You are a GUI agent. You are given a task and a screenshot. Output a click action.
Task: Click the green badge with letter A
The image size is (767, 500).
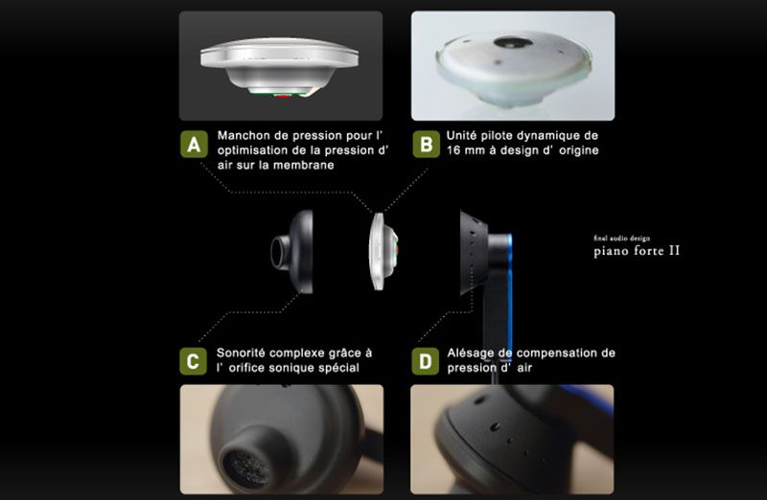195,145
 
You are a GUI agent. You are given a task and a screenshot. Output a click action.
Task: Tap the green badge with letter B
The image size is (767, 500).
426,145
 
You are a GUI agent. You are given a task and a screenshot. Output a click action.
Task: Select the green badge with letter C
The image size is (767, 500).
194,361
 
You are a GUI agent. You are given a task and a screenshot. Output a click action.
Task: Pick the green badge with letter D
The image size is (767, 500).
425,361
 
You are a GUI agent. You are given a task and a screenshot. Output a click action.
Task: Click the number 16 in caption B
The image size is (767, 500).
453,150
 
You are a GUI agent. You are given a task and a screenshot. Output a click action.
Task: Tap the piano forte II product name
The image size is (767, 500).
637,251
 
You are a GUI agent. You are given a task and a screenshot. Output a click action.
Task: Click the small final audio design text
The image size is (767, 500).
621,239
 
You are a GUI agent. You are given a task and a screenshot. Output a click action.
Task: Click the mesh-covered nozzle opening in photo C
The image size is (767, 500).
246,469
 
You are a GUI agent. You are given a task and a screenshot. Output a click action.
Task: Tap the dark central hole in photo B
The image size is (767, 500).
513,42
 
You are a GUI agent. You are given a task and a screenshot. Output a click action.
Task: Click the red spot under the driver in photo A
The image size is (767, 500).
282,96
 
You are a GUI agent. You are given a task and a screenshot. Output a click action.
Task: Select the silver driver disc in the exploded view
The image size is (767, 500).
383,251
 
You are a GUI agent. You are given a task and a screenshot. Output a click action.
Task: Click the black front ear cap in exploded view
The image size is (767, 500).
292,252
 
